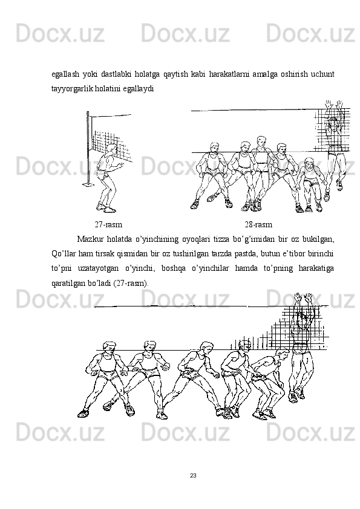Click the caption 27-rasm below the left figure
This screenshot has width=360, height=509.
click(x=108, y=224)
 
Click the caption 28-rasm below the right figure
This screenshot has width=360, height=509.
click(x=258, y=224)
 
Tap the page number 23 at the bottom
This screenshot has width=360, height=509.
click(x=193, y=476)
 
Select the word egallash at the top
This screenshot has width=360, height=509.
click(x=65, y=75)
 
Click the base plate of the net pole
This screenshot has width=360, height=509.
click(x=88, y=185)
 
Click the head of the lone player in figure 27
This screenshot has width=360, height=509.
click(x=111, y=149)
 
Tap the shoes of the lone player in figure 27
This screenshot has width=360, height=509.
click(x=106, y=207)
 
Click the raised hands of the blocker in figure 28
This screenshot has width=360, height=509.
click(x=335, y=105)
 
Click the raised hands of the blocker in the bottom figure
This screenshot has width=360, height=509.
click(x=303, y=297)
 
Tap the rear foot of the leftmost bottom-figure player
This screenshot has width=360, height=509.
click(x=83, y=413)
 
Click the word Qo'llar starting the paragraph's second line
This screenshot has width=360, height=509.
click(x=64, y=254)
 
